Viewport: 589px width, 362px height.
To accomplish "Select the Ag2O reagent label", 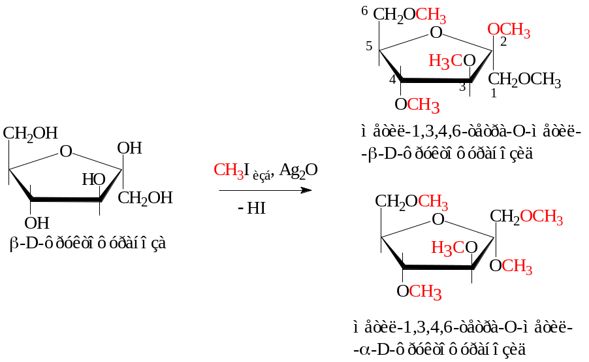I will click(298, 171).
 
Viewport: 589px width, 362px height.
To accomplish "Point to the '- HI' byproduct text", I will click(251, 210).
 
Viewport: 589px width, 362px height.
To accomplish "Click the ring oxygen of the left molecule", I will click(65, 152).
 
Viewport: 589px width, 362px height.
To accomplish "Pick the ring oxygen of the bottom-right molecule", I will click(439, 219).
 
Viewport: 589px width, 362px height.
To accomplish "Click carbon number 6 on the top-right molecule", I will click(364, 11).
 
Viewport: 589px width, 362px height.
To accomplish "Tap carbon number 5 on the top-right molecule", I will click(369, 47).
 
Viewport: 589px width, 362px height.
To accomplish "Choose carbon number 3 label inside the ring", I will click(462, 87).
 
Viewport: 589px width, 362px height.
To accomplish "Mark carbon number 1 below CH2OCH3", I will click(494, 93).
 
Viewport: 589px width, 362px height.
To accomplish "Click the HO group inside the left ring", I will click(94, 179).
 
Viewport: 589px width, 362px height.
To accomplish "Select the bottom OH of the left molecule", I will click(37, 222).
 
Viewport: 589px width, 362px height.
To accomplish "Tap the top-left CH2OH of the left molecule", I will click(30, 133).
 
